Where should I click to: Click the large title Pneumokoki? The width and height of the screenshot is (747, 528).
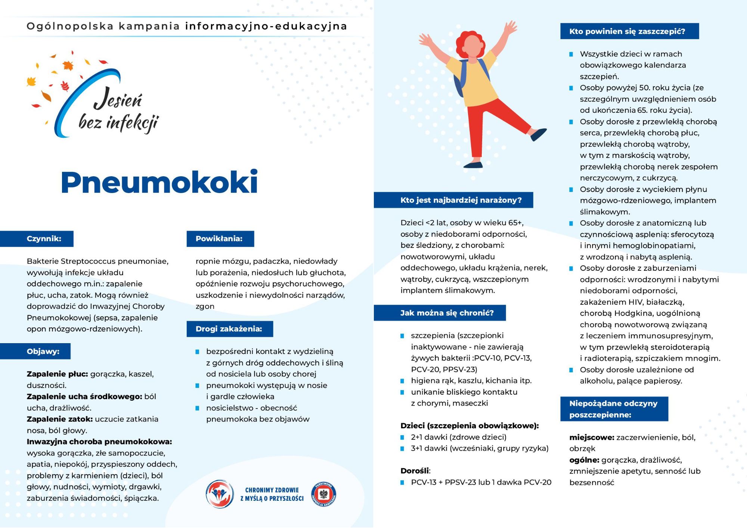click(159, 182)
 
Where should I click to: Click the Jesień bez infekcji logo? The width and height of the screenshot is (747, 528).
click(101, 101)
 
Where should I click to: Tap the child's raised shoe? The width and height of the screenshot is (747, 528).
click(539, 134)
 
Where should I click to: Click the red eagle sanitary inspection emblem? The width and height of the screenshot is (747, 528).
click(324, 494)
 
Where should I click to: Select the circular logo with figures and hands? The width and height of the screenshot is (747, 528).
click(220, 494)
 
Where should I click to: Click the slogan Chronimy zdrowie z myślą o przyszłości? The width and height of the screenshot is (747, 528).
click(272, 494)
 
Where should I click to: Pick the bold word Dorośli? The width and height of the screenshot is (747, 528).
click(415, 471)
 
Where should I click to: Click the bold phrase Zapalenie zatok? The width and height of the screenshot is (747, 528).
click(60, 419)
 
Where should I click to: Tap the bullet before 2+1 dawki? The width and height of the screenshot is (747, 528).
click(402, 437)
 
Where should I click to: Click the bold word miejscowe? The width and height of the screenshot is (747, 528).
click(592, 437)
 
